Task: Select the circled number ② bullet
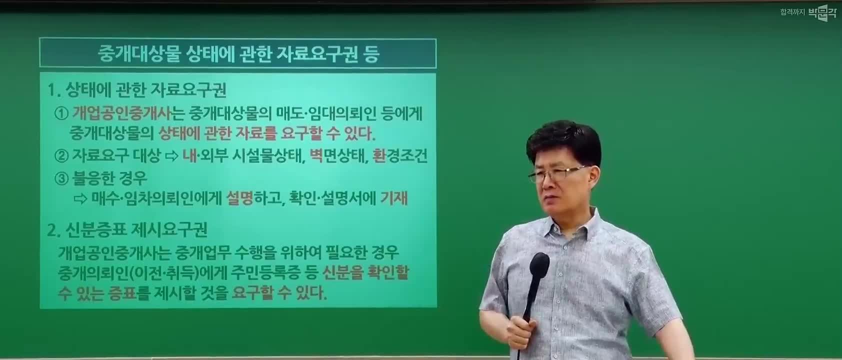61,155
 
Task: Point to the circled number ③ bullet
61,178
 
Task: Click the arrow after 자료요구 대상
172,156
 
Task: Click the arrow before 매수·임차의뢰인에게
80,198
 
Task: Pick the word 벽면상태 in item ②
337,155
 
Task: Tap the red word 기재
394,198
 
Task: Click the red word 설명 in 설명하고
240,198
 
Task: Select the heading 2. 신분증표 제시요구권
127,229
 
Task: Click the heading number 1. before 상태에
54,90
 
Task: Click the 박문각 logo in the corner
822,12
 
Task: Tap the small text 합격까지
792,12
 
